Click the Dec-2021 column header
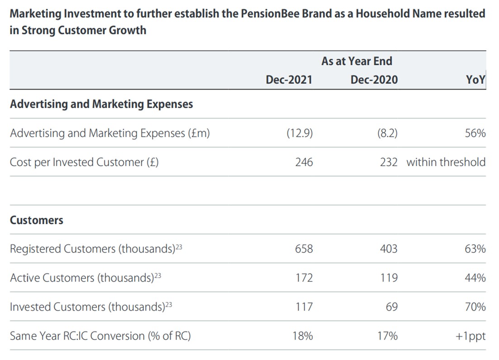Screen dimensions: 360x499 289,80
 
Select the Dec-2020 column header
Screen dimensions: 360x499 374,80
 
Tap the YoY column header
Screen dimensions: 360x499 475,80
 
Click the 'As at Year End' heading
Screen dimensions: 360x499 356,61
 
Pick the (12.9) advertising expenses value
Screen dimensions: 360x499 299,133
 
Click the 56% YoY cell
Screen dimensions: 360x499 475,133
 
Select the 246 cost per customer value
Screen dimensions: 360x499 304,162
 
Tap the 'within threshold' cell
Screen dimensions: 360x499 446,162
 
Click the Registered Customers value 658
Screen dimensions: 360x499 304,249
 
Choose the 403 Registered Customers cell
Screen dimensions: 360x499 389,249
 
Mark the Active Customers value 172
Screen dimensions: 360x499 304,278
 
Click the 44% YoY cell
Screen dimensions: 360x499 475,278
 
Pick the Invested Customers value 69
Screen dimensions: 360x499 392,307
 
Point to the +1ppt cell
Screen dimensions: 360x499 471,336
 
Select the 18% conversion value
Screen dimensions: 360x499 302,336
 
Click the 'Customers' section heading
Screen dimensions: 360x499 37,220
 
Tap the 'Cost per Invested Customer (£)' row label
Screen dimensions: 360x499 84,162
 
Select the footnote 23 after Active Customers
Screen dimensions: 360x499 157,275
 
